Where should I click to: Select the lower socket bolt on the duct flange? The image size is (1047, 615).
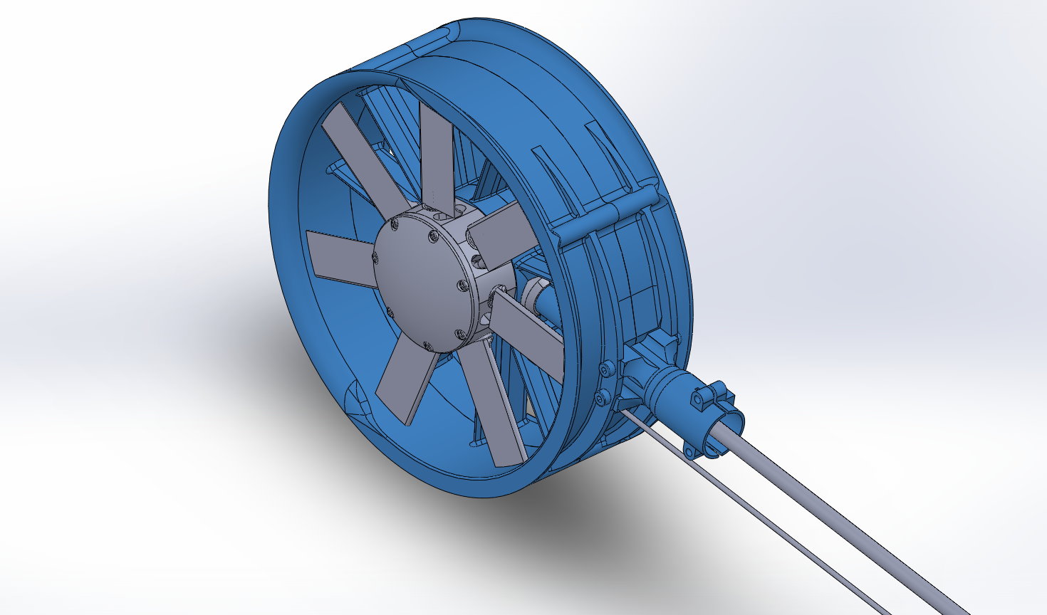[601, 398]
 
